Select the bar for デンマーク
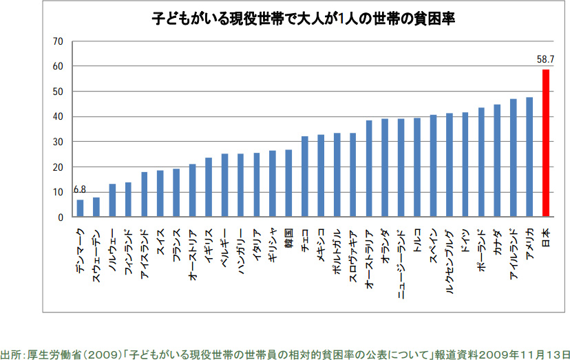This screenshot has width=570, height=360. [x=80, y=209]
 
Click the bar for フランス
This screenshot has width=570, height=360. [x=176, y=193]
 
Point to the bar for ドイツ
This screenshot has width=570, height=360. [x=465, y=165]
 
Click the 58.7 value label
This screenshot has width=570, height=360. [x=546, y=60]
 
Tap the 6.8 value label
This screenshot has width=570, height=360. [x=81, y=190]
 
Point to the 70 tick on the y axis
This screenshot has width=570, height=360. [x=57, y=41]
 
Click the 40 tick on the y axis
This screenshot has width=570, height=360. [x=57, y=117]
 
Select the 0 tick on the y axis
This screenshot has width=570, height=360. [x=60, y=218]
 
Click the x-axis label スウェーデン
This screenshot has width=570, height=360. [x=96, y=251]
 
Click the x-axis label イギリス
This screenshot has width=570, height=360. [x=209, y=245]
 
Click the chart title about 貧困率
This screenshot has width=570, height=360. [x=304, y=19]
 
